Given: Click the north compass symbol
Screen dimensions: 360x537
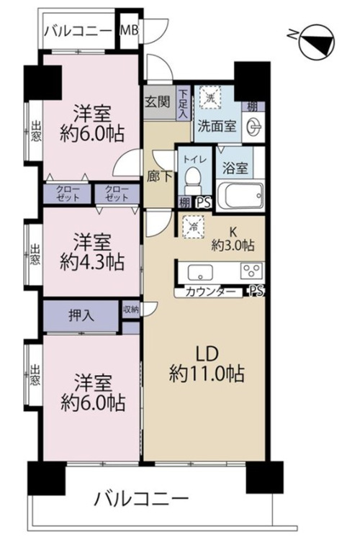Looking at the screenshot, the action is pos(316,42).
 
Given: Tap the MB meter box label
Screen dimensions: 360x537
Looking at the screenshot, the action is pos(129,31).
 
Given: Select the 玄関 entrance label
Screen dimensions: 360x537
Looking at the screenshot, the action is pos(157,101).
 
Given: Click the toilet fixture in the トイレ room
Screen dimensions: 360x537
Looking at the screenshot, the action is pos(194,181).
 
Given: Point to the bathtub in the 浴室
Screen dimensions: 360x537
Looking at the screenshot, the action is pos(240,196).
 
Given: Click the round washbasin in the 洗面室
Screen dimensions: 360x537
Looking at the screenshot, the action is pos(254,127).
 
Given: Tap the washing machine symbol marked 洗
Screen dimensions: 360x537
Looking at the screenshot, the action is pos(210,98).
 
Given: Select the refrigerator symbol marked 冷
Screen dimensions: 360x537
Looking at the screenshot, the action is pos(194,226).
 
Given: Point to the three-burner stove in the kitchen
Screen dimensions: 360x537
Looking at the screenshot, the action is pos(252,271).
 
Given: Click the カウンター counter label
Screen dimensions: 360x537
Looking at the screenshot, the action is pos(210,292).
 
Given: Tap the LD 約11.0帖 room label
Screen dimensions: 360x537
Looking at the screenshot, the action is pos(207,364).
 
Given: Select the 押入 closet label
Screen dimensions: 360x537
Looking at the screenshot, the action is pos(81,315).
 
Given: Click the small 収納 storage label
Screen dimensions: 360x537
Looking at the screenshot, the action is pos(130,310).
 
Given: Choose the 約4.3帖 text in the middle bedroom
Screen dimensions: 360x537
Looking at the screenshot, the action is pos(91,263).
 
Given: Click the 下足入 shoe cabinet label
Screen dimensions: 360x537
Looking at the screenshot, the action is pos(184,104).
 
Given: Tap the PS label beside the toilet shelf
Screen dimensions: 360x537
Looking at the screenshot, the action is pos(204,203).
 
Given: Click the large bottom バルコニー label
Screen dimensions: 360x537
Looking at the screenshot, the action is pos(141,500).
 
